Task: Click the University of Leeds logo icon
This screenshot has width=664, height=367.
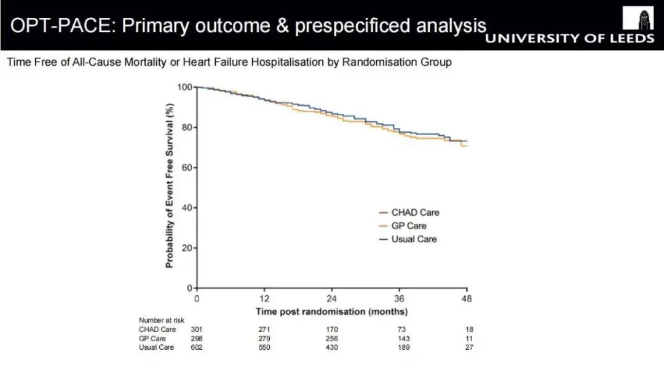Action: pos(638,18)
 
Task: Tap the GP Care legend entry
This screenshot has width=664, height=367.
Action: pos(409,226)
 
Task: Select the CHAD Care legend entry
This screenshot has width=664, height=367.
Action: pos(415,213)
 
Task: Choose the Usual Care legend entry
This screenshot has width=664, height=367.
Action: pos(414,239)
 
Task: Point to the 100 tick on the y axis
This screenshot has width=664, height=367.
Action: pos(184,87)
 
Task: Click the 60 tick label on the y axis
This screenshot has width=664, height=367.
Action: pos(186,167)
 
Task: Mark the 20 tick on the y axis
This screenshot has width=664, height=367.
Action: pos(186,248)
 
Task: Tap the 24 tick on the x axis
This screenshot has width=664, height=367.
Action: pos(332,298)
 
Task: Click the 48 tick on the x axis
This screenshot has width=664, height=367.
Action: pos(467,298)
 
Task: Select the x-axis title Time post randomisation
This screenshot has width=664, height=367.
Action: pos(331,311)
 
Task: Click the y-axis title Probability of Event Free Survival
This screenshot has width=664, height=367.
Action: pos(170,184)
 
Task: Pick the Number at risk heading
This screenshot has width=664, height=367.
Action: pos(162,320)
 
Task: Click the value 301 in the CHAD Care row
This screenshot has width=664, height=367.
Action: pos(197,330)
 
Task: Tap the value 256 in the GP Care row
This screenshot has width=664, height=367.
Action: pos(332,339)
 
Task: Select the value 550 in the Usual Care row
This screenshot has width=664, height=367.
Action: pos(264,347)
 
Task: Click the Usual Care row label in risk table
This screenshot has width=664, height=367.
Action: pos(156,347)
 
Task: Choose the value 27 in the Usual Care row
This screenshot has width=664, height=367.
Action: pos(469,347)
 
